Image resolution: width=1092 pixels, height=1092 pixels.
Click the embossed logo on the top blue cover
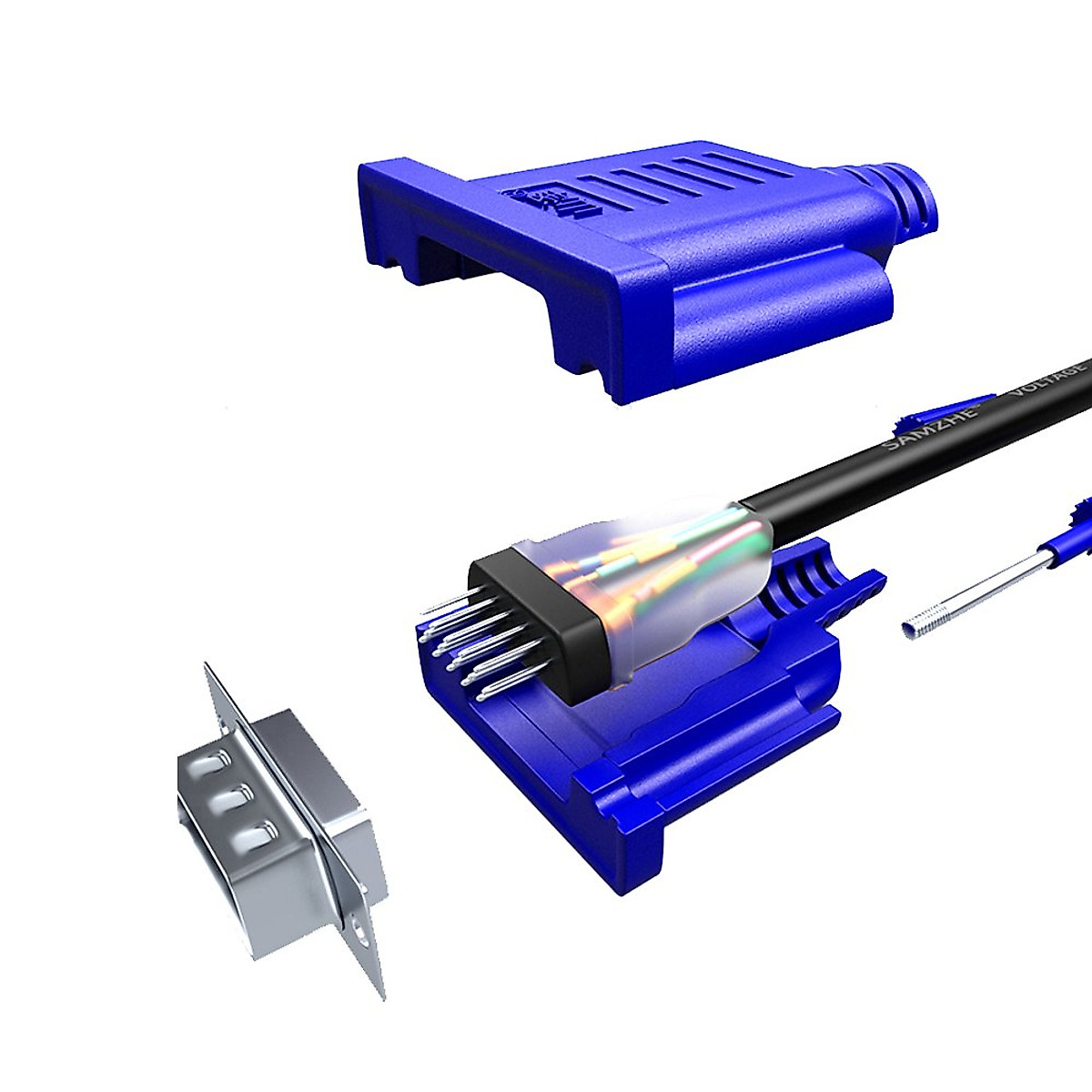[545, 195]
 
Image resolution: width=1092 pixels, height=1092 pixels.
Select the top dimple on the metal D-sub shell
[216, 761]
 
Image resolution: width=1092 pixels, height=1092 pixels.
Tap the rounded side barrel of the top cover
[783, 318]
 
